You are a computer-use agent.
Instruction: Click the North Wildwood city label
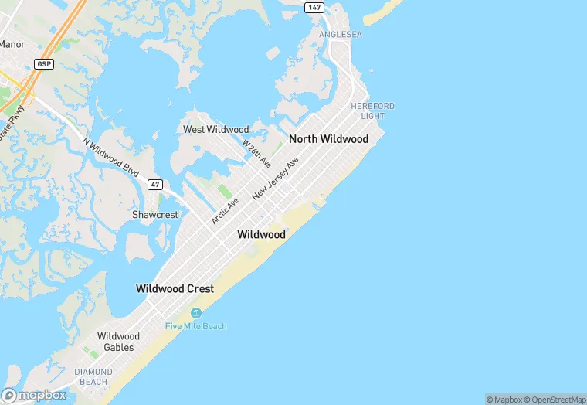[328, 139]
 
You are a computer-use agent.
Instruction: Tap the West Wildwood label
[215, 129]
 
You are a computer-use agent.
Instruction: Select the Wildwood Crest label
[175, 288]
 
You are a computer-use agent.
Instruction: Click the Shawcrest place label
[154, 214]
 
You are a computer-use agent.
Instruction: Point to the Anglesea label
[341, 35]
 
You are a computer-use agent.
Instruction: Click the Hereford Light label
[372, 111]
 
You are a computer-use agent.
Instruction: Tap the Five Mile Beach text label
[195, 326]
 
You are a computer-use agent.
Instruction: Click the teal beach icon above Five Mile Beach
[195, 312]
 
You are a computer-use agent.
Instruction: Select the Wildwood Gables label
[118, 342]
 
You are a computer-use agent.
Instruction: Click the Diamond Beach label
[93, 376]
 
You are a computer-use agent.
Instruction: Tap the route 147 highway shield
[313, 7]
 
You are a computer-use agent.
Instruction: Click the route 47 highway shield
[155, 184]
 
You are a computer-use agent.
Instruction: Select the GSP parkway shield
[43, 63]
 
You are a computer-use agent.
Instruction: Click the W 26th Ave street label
[256, 154]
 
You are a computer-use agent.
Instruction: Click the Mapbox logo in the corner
[34, 395]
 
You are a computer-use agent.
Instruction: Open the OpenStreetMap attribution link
[553, 400]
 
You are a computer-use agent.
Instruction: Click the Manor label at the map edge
[12, 44]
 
